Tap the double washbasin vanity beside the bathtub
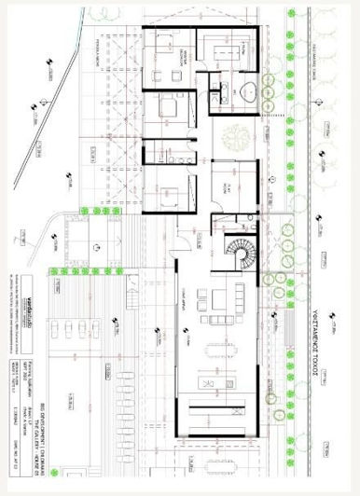click(x=224, y=92)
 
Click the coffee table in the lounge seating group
click(x=214, y=300)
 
